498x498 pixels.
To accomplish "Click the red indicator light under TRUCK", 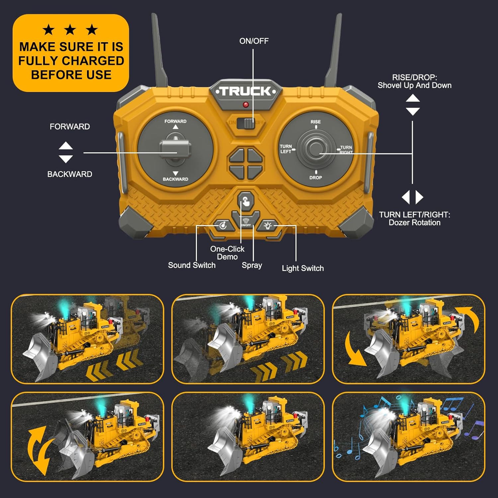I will coord(246,105).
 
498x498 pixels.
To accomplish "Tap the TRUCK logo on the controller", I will coord(246,91).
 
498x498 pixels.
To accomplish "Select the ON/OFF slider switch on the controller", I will coord(249,123).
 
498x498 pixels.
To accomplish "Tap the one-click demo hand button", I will coord(246,201).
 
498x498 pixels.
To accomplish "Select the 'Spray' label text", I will coord(252,265).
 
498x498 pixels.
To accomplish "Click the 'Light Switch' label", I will coord(302,268).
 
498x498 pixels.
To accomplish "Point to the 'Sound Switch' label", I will coord(192,265).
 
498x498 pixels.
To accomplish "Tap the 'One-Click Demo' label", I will coord(227,253).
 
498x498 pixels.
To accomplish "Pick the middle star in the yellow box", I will coord(70,30).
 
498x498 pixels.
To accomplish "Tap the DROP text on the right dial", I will coord(315,178).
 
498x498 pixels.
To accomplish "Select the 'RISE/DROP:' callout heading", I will coord(414,77).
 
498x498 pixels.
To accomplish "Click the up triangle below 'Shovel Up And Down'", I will coord(413,98).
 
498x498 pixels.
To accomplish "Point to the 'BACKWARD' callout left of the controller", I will coord(70,174).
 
